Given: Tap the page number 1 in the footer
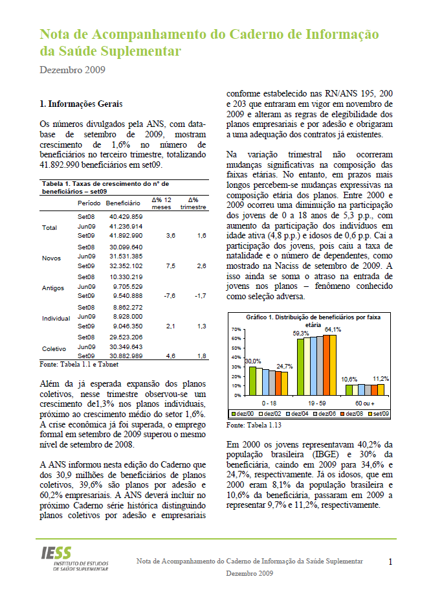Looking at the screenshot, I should click(391, 562).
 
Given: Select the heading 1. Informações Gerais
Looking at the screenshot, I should click(81, 104).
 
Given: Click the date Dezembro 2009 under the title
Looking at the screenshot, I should click(72, 69).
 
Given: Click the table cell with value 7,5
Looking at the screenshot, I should click(171, 266).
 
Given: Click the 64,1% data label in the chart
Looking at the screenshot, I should click(333, 330).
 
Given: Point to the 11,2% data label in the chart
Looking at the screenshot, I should click(380, 378).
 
